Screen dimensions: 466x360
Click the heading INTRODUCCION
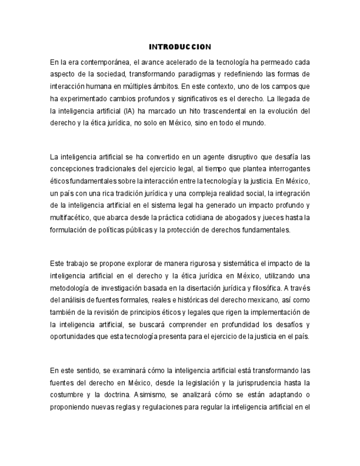(x=180, y=47)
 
